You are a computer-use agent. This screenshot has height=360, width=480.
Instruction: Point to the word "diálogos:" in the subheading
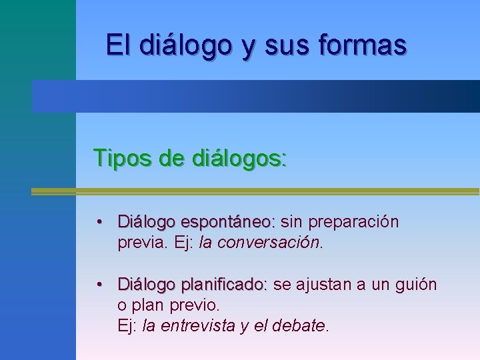point(239,158)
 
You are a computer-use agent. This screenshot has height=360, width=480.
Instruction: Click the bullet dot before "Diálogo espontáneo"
point(99,222)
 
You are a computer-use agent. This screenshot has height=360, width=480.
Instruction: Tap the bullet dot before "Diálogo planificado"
point(99,285)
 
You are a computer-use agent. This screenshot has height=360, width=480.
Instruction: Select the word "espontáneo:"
point(228,221)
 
